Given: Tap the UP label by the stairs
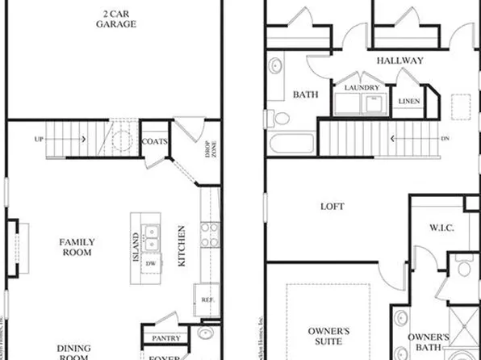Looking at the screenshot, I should [x=39, y=140].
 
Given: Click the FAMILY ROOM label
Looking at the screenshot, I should [x=77, y=247].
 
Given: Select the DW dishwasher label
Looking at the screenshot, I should [x=150, y=264].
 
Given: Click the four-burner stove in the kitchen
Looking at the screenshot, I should [x=209, y=234].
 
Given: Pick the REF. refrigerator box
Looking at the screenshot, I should [x=207, y=299].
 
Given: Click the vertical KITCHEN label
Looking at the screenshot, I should [x=182, y=246].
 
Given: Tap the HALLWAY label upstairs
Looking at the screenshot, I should [x=399, y=61].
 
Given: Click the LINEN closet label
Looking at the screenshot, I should [x=409, y=101].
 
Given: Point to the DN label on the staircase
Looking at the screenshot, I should [x=445, y=138].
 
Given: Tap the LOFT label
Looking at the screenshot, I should [x=333, y=207].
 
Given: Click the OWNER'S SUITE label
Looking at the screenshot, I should [x=328, y=337].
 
